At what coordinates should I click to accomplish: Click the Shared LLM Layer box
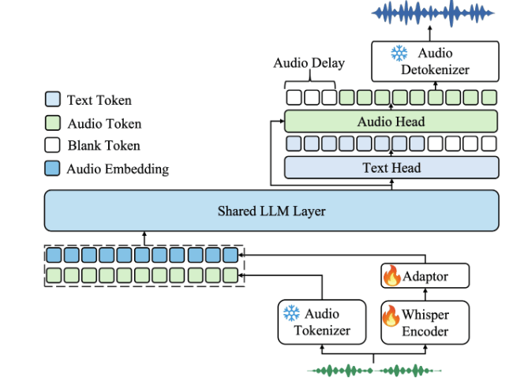click(271, 211)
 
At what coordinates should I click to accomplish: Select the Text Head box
click(391, 167)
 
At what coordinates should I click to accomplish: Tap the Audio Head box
click(391, 121)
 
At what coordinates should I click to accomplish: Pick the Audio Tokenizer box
click(321, 322)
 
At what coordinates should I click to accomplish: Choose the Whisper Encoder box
click(425, 322)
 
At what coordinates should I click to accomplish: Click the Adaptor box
click(425, 276)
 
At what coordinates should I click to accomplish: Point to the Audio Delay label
click(309, 63)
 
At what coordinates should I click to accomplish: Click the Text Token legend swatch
click(52, 100)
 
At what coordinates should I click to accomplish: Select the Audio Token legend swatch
click(52, 123)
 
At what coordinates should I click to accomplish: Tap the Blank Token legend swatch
click(52, 145)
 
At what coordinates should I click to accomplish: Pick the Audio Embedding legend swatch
click(52, 168)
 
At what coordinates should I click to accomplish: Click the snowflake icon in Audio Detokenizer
click(399, 54)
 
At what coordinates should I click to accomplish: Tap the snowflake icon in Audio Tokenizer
click(291, 314)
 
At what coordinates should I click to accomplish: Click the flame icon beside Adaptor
click(391, 276)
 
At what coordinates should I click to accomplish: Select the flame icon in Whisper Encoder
click(391, 316)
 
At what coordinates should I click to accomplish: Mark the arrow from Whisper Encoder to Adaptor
click(425, 293)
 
